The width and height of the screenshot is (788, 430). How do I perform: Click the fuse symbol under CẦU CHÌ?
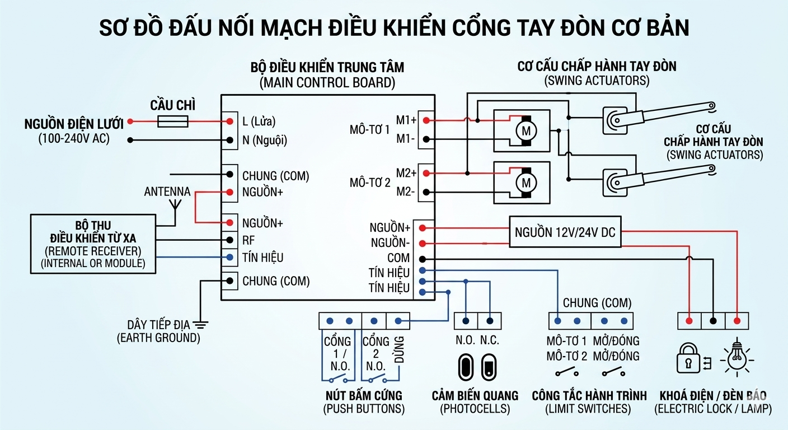(172, 121)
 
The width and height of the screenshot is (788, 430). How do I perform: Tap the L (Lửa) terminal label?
(259, 121)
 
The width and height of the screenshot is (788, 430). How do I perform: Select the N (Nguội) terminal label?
(265, 141)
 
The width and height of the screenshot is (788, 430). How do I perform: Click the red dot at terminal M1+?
(426, 120)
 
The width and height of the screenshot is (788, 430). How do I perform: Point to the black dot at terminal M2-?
(426, 192)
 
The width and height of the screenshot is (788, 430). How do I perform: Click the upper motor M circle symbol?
(526, 131)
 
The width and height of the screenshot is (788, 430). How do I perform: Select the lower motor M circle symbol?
(526, 183)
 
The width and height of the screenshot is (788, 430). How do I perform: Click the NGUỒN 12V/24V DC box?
(565, 232)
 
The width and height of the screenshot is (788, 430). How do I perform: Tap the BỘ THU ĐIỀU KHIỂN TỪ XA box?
(93, 244)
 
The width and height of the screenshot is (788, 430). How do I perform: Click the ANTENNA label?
(167, 192)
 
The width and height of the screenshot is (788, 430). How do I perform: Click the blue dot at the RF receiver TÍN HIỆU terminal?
(229, 258)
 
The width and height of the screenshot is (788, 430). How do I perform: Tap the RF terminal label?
(248, 240)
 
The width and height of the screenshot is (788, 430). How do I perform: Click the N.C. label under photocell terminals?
(489, 340)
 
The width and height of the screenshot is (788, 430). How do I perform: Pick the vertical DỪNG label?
(399, 350)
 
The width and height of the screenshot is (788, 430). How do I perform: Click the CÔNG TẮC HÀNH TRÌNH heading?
(589, 396)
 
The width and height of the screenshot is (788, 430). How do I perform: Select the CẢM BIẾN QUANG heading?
(475, 396)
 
